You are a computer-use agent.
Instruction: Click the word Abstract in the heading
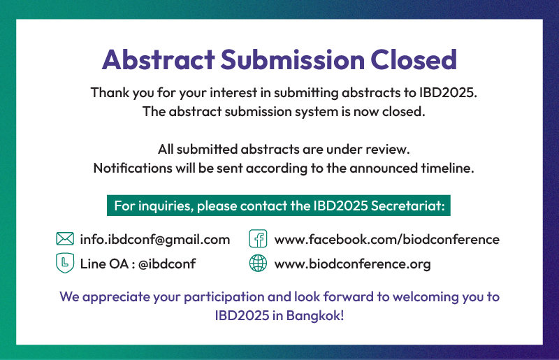coord(159,59)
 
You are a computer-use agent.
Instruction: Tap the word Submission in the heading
coord(293,59)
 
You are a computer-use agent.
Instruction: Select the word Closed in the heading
coord(414,59)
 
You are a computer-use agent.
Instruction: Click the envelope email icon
coord(65,238)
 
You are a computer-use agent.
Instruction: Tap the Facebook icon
coord(258,238)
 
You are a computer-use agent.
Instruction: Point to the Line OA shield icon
coord(65,263)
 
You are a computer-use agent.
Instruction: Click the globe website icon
coord(258,264)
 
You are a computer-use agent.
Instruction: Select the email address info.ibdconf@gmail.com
coord(155,239)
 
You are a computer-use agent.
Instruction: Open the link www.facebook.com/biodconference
coord(387,239)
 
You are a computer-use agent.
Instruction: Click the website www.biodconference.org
coord(353,264)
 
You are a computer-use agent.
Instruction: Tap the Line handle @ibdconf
coord(167,264)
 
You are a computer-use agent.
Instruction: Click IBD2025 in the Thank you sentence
coord(448,93)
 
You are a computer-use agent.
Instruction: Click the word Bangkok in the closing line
coord(315,315)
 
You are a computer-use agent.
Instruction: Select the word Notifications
coord(133,168)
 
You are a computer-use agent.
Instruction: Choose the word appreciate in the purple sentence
coord(116,297)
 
